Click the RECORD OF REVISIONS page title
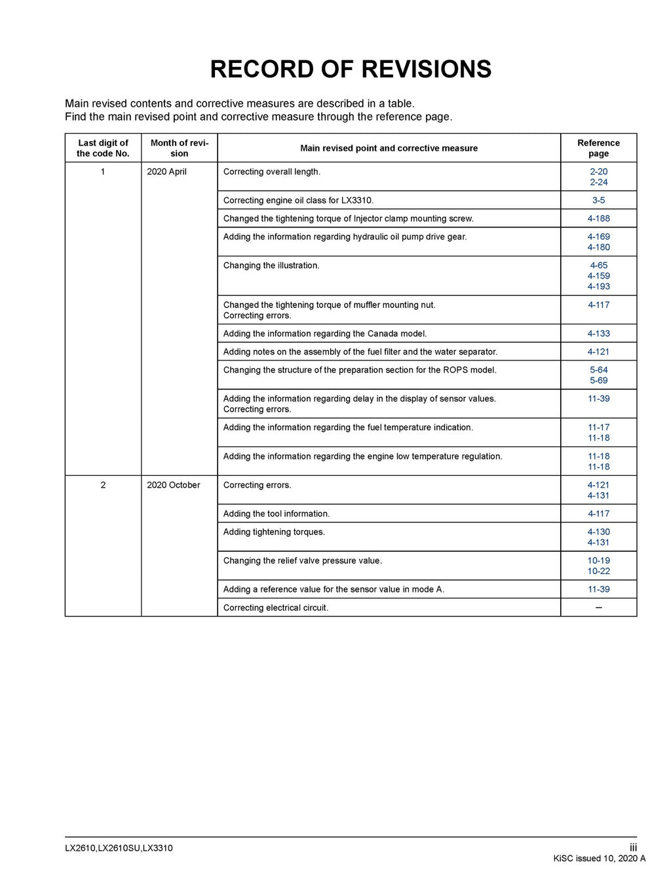(351, 69)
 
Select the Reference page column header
(598, 148)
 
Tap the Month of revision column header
(179, 148)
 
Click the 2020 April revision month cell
(166, 172)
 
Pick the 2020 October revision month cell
(174, 485)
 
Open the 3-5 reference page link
(598, 201)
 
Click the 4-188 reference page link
(598, 219)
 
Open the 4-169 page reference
(598, 237)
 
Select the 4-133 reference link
(598, 334)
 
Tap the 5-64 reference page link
(598, 370)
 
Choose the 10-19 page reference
(598, 561)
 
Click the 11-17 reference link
(598, 427)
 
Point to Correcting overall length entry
(272, 172)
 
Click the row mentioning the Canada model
(325, 334)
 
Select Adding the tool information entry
(277, 514)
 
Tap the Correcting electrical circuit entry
(276, 608)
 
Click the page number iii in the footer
(633, 847)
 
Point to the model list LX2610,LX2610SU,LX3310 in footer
(119, 848)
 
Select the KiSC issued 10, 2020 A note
(599, 859)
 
